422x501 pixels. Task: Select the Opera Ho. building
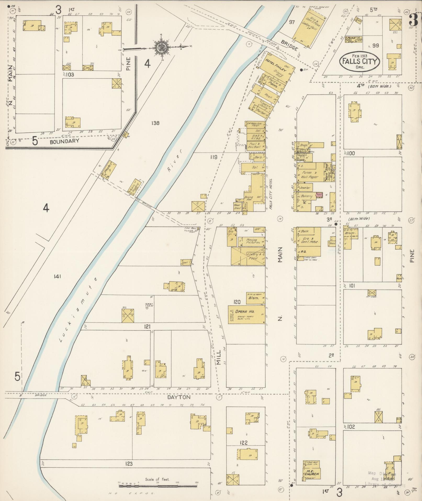pos(246,314)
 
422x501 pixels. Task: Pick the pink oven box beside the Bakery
pos(319,195)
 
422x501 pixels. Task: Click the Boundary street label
pos(64,141)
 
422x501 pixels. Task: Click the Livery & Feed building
pos(248,256)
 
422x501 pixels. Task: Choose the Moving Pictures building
pos(253,241)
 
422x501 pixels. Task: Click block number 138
pos(155,123)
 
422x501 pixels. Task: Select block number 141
pos(57,276)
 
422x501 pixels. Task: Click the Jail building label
pos(186,262)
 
